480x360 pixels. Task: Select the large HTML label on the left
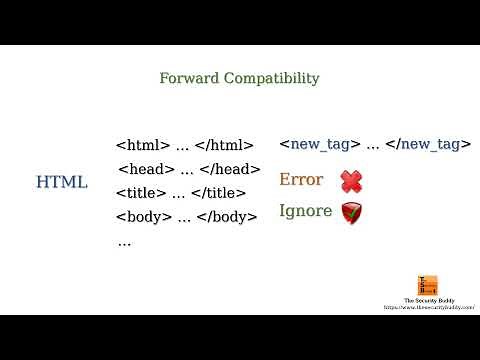62,182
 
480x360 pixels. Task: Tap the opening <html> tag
143,145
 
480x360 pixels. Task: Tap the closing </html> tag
225,145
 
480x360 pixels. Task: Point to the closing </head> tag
230,169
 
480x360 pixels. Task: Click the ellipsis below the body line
124,242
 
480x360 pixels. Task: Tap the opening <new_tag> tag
320,145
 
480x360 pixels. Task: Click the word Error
301,180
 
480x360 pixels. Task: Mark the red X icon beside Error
351,181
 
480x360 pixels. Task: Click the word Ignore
305,211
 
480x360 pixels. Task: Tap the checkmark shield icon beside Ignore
351,212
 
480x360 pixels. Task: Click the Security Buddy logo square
428,286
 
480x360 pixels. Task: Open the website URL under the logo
428,308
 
